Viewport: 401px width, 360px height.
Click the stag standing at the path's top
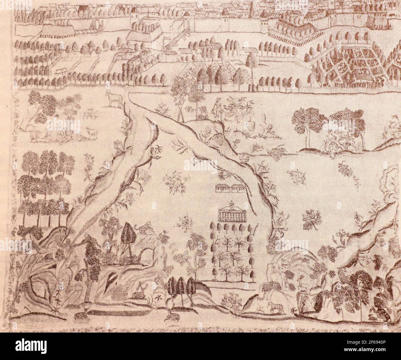(115, 98)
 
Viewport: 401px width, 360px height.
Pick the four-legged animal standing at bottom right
(275, 307)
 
